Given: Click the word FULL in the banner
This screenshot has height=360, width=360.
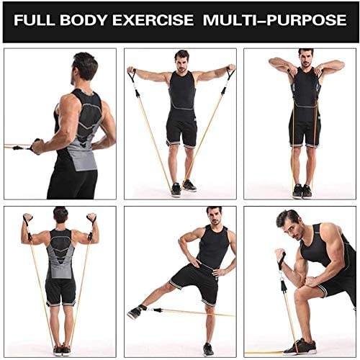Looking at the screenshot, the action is tap(35, 19).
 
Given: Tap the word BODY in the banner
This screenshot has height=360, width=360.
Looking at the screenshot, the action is tap(84, 19).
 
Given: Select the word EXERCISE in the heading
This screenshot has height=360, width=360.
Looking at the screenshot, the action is tap(153, 19).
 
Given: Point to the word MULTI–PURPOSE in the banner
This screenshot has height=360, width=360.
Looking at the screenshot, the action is tap(274, 19).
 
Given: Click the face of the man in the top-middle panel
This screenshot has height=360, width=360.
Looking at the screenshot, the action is tap(181, 63).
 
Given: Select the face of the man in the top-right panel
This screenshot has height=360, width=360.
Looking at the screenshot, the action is tap(306, 60).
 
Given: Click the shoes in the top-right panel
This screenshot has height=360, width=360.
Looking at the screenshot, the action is tap(302, 192).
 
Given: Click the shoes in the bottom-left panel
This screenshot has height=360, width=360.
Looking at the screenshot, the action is tap(62, 350).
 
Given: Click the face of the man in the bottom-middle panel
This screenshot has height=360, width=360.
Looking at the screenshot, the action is tap(215, 217).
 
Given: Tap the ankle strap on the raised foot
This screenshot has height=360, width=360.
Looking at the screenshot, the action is tap(142, 308).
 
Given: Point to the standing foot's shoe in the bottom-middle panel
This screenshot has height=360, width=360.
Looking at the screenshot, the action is tap(208, 350).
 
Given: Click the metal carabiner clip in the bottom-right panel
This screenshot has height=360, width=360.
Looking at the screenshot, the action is tap(282, 279).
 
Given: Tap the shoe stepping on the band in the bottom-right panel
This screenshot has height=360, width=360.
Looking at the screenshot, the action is tap(300, 347).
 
